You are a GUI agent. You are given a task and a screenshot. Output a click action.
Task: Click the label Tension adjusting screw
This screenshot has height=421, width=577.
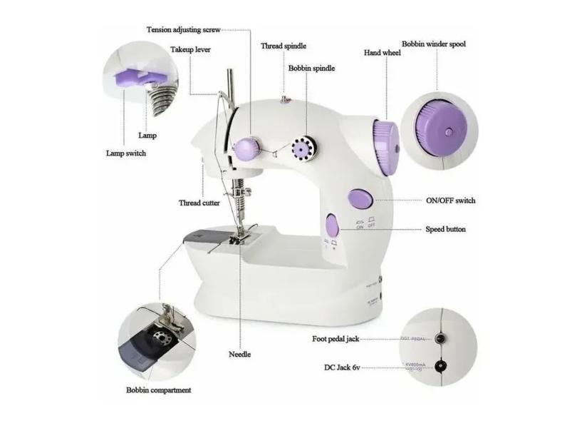pos(183,30)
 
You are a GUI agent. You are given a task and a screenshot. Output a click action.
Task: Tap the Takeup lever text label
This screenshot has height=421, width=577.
pos(190,50)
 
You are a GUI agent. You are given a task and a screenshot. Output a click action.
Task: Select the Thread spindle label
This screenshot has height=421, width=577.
pos(284,46)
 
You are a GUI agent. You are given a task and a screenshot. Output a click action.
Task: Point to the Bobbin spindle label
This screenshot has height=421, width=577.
pos(311,69)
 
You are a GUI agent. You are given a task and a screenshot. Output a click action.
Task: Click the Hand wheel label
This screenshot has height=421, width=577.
pos(382,53)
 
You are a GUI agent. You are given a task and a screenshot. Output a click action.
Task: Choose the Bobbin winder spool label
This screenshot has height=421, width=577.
pos(434,44)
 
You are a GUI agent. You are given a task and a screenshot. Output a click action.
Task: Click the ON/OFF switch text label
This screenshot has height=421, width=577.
pos(450,201)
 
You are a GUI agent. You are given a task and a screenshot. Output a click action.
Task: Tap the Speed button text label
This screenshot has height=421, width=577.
pos(446,230)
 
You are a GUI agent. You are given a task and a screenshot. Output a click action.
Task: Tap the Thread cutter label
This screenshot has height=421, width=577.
pos(199,203)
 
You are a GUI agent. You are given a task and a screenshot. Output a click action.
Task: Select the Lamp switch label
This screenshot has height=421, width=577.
pos(126,153)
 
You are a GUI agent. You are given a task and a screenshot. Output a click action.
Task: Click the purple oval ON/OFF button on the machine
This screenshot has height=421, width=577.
pos(359,198)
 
